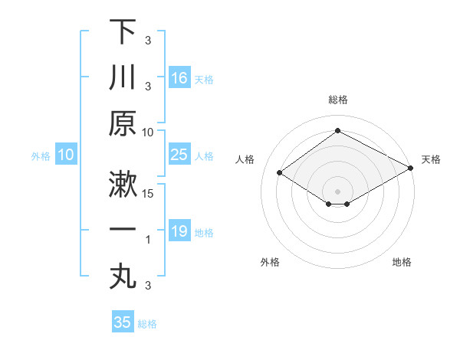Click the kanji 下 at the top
tap(123, 32)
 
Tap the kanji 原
tap(123, 123)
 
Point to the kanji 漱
tap(123, 183)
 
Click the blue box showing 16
tap(179, 77)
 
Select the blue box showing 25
tap(179, 155)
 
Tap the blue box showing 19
tap(179, 231)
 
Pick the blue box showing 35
tap(123, 322)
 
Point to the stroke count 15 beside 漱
tap(149, 193)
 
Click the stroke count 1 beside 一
tap(149, 240)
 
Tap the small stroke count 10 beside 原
tap(149, 132)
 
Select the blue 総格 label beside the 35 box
tap(147, 324)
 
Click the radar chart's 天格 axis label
tap(431, 159)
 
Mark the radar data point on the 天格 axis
tap(411, 169)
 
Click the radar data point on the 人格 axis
tap(280, 173)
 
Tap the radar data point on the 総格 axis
tap(337, 131)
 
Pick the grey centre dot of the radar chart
tap(337, 191)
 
